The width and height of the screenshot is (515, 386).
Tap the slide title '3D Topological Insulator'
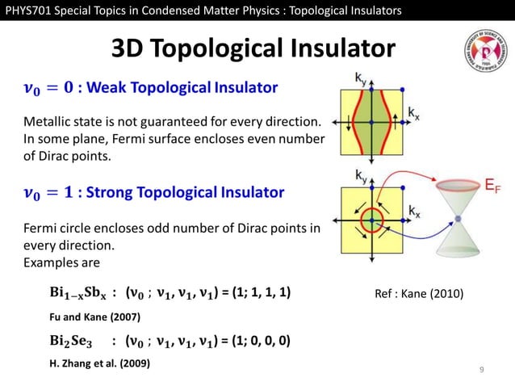coord(253,50)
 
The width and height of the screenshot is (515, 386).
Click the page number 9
coord(481,370)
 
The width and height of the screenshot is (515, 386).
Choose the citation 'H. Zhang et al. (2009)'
coord(99,364)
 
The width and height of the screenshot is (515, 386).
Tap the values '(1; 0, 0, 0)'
coord(257,341)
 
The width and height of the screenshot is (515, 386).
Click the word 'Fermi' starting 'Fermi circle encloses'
coord(40,229)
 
